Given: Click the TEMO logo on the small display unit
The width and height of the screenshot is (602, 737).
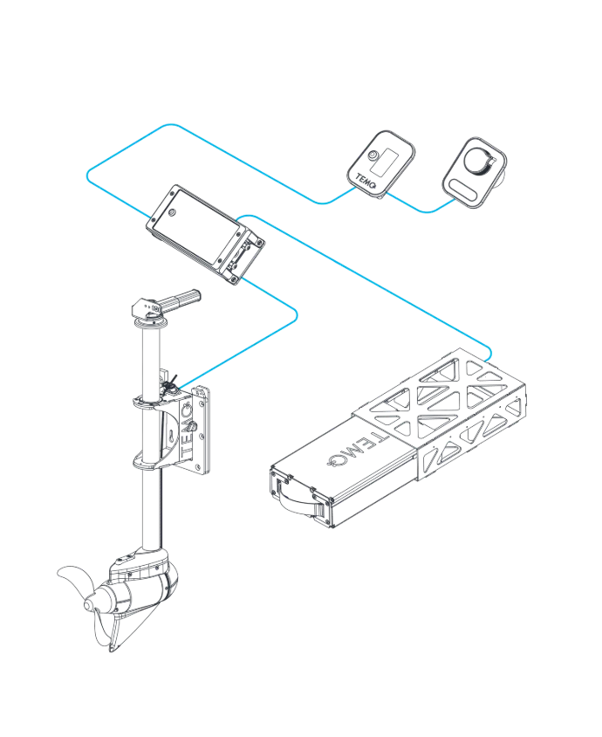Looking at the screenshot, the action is (x=366, y=181).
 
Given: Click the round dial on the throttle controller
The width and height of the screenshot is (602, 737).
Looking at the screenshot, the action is (x=477, y=159).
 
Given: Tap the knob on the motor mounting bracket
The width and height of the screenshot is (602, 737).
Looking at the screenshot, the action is (x=193, y=428).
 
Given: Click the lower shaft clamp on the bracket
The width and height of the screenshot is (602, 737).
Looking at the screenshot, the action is (x=151, y=461).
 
